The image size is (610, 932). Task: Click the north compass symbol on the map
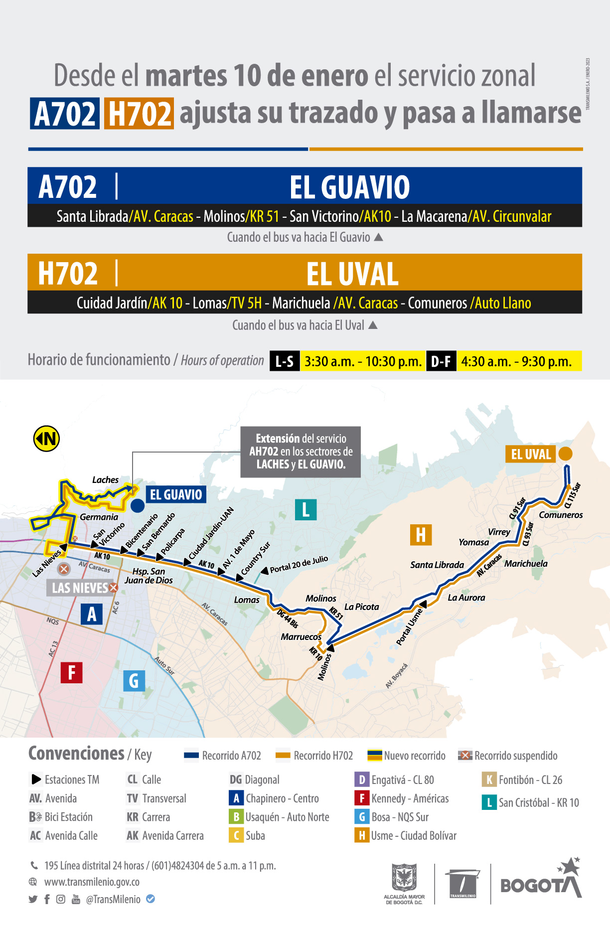46,439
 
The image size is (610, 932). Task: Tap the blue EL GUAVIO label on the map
176,494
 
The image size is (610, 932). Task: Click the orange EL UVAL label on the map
531,454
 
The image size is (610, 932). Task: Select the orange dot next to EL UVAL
565,454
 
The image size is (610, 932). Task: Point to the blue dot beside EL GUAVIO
138,505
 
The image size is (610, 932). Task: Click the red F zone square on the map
71,672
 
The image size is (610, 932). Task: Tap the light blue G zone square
134,680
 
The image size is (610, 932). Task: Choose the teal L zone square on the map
305,509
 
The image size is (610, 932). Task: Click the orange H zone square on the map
421,535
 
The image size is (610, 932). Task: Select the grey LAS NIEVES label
80,588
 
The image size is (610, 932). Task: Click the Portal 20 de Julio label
299,564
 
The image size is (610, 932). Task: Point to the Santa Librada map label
437,565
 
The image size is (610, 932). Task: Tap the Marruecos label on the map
301,636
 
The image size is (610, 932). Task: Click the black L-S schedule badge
285,361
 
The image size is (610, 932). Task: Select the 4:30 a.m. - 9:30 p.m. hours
516,361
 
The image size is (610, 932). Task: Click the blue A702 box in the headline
65,114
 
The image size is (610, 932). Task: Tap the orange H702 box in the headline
139,114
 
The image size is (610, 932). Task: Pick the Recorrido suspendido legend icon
465,756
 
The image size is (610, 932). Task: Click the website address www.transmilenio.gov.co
92,882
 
